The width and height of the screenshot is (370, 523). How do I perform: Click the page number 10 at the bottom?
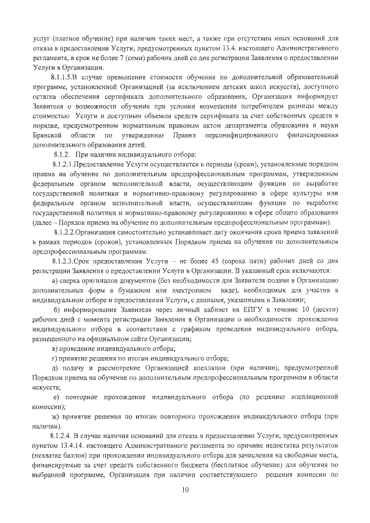[x=184, y=490]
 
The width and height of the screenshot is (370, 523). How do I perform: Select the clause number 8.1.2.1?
[x=63, y=165]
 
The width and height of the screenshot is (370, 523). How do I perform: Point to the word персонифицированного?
[x=237, y=135]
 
